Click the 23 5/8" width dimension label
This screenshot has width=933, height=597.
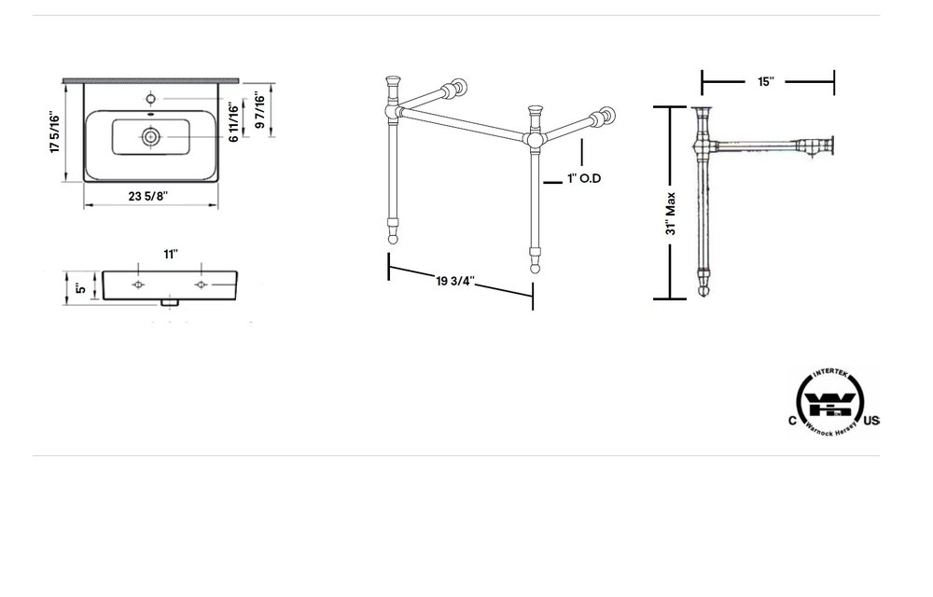[x=150, y=195]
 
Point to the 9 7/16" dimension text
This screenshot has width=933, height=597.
[x=259, y=113]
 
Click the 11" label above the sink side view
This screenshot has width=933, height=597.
[x=170, y=254]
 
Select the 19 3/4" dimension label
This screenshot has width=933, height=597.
[x=456, y=279]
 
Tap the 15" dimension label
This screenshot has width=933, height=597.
[x=766, y=82]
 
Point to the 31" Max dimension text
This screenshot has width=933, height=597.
[x=671, y=214]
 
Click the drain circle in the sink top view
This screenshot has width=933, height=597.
[x=150, y=136]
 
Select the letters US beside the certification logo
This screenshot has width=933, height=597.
[x=871, y=422]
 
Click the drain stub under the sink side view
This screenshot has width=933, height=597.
[x=169, y=302]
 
